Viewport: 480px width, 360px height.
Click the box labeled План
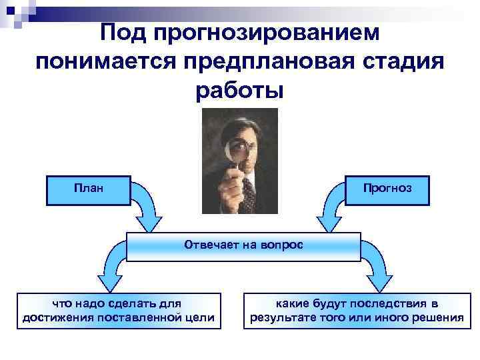89,189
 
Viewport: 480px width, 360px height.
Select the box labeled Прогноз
387,189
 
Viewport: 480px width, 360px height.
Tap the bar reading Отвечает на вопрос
243,245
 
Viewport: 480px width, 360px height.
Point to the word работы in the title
239,89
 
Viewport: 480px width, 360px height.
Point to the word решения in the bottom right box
437,317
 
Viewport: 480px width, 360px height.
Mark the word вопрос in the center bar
284,245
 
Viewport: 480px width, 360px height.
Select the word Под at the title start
123,32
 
